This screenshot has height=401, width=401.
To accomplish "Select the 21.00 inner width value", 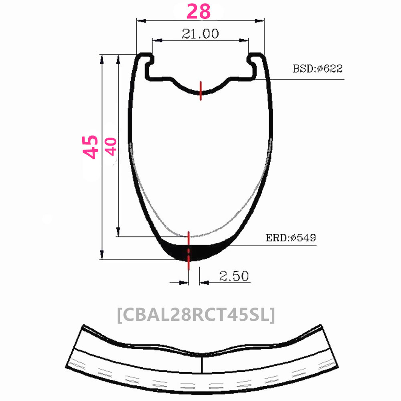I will click(x=200, y=34).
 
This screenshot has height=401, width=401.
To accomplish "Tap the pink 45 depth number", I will click(x=90, y=146).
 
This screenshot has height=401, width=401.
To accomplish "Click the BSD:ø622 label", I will click(x=317, y=69).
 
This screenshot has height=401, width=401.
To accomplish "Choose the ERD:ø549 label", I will click(x=291, y=238).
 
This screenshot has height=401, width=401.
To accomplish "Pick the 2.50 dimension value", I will click(x=234, y=276).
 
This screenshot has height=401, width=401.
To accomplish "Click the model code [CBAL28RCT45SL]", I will click(x=196, y=314).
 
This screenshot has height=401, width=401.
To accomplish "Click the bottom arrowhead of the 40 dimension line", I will click(x=118, y=232).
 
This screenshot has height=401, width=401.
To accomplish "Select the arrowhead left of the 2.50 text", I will click(x=184, y=283).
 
